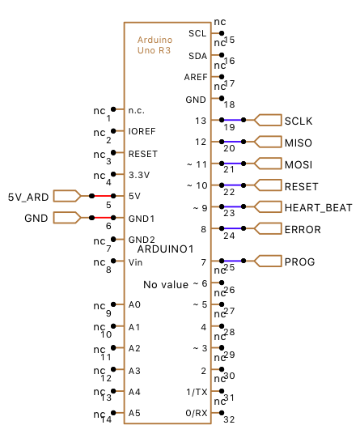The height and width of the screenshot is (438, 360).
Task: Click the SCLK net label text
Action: (x=299, y=121)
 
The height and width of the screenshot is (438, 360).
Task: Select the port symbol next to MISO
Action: (x=268, y=142)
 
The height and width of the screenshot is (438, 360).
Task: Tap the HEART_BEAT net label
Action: (x=318, y=208)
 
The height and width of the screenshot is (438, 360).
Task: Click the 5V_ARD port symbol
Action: (x=67, y=196)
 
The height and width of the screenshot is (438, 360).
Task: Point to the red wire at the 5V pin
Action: (x=103, y=196)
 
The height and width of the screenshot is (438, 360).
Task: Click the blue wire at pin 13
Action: (x=232, y=120)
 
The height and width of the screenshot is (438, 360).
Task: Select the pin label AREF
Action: (x=196, y=77)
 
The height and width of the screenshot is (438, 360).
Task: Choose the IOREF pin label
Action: (x=142, y=131)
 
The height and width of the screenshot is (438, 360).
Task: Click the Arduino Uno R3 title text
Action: (x=155, y=45)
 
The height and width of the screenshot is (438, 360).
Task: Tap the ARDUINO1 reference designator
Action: (x=166, y=249)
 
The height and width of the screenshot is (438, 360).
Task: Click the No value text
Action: (x=166, y=285)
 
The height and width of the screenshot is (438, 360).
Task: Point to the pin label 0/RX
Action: (x=197, y=413)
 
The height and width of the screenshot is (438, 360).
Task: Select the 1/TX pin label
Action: (x=197, y=392)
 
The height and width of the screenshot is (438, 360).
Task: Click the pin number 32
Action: (x=229, y=419)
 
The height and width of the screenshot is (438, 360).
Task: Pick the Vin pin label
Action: (x=135, y=262)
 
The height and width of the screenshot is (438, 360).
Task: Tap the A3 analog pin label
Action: (x=134, y=371)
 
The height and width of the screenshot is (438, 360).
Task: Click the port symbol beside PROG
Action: (x=268, y=261)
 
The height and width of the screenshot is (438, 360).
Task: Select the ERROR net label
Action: (x=303, y=230)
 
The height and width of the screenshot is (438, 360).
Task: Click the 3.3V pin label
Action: (x=139, y=175)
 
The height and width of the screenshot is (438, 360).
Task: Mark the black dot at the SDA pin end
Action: (x=222, y=55)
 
